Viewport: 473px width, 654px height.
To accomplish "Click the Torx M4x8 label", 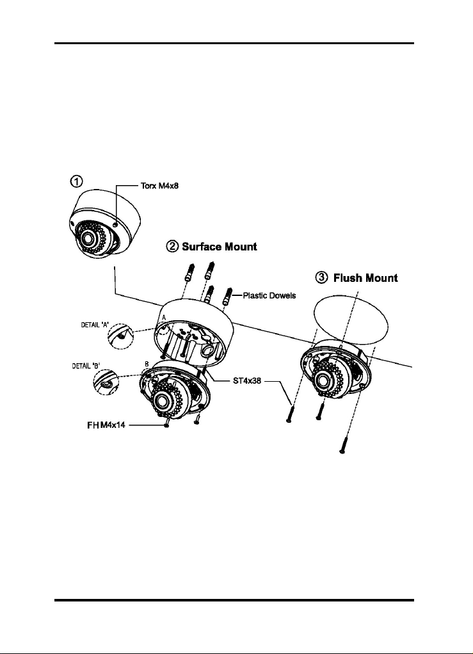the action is [159, 186].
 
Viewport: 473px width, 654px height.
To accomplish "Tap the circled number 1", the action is [76, 181].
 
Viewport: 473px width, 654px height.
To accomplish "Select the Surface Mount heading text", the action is [219, 247].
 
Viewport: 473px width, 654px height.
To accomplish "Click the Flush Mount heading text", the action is [365, 278].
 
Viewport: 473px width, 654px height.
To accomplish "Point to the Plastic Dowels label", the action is [269, 295].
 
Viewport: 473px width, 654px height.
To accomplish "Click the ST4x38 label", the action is [247, 380].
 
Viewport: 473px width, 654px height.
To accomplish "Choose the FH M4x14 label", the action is [106, 425].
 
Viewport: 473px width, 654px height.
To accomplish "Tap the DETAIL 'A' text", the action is [95, 325].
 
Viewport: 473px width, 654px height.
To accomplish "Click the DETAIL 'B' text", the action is [86, 366].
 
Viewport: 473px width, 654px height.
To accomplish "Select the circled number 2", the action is [172, 247].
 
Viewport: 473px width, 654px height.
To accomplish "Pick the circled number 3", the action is [321, 278].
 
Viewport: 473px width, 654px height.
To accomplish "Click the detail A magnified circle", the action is [121, 336].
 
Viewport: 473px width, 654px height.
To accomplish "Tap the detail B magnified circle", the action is [106, 382].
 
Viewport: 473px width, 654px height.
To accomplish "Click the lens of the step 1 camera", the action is [88, 238].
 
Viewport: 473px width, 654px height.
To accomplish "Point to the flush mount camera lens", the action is [322, 380].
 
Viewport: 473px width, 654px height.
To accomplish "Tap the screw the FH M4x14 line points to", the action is [167, 423].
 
